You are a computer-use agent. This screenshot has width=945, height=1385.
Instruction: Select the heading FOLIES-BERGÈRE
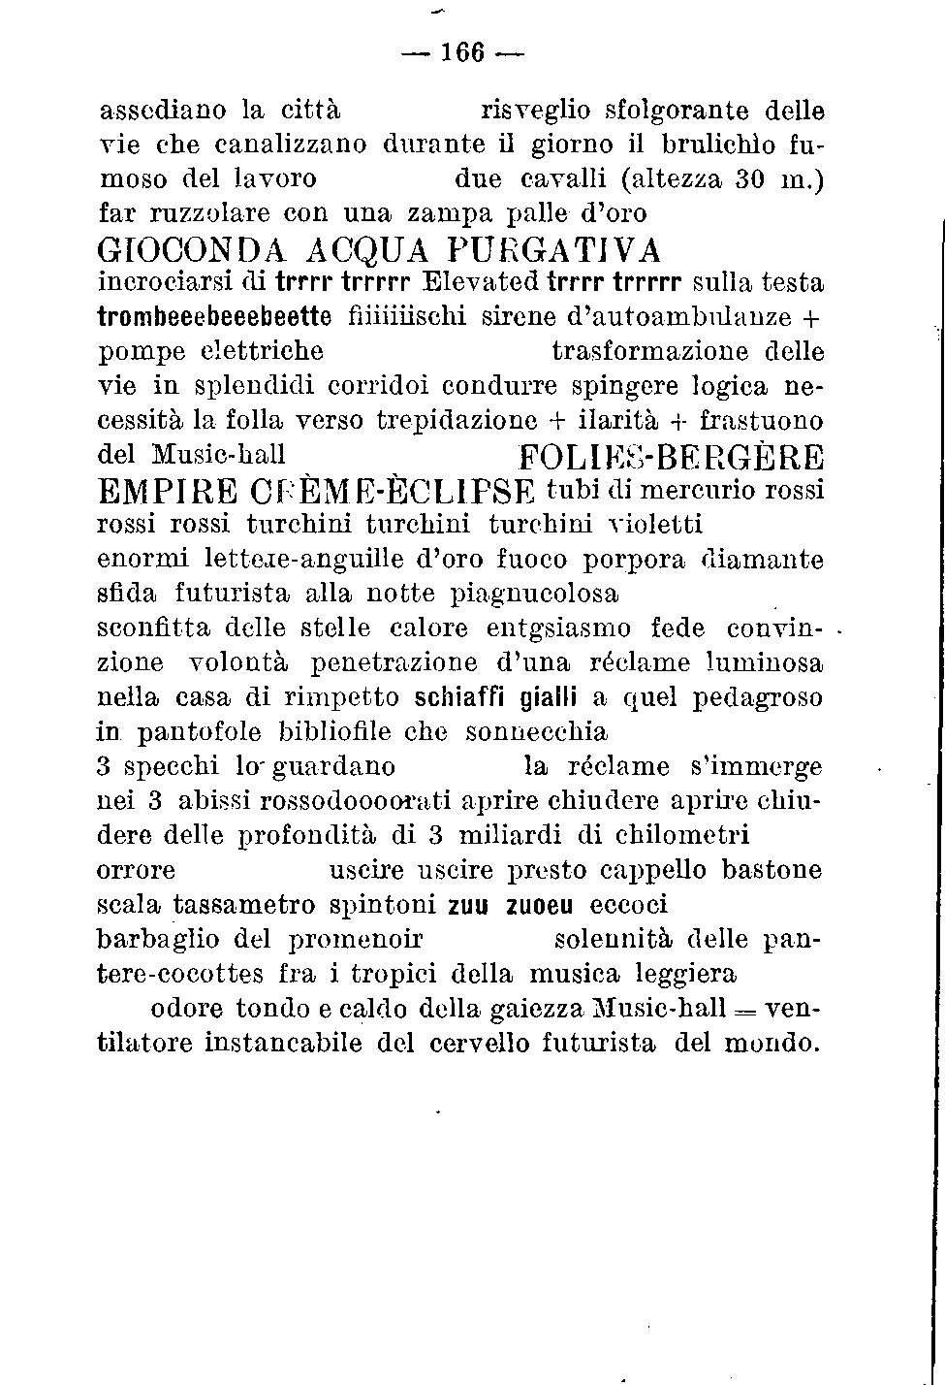(671, 457)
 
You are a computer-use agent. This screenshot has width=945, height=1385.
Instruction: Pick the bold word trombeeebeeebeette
(214, 317)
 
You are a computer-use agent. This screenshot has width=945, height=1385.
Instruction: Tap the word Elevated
(482, 282)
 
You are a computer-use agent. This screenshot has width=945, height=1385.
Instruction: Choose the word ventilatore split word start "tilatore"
(150, 1044)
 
